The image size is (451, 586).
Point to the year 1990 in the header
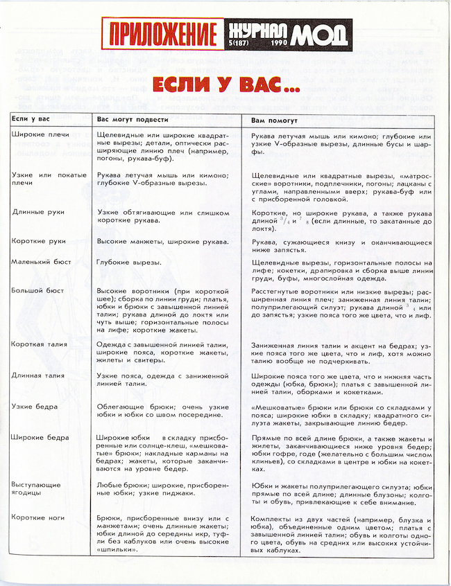[274, 44]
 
